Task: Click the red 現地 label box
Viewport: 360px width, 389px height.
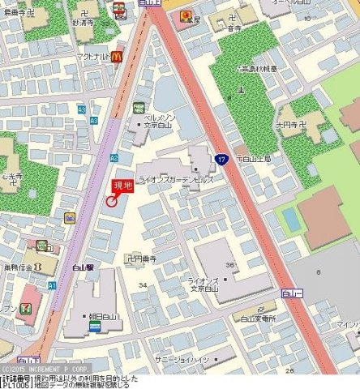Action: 122,187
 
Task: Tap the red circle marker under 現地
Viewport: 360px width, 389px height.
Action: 110,203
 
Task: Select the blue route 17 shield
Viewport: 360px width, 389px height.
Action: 221,160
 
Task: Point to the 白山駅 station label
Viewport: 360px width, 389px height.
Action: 80,266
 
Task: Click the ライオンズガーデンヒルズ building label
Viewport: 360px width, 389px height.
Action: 176,180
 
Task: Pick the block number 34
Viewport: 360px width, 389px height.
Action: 143,284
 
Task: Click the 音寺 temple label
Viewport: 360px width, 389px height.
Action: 235,28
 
